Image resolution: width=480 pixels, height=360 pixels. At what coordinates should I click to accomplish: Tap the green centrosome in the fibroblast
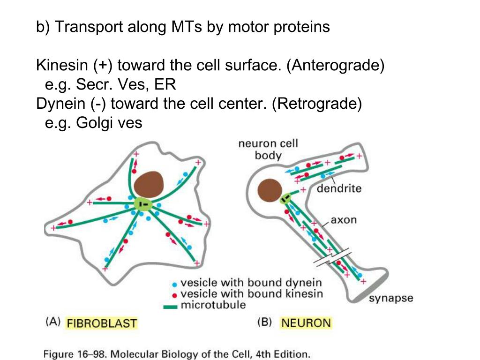coord(144,204)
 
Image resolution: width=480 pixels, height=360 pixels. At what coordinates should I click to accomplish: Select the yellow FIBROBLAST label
coord(102,323)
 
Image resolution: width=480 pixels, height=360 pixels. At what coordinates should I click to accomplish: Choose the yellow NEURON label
coord(306,322)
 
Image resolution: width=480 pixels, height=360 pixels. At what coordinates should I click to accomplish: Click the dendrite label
coord(339,189)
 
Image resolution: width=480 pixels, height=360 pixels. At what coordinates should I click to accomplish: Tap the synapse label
coord(391,299)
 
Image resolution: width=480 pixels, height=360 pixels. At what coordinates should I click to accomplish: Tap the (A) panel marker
coord(52,322)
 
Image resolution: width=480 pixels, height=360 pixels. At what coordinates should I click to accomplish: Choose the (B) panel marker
coord(266,322)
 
